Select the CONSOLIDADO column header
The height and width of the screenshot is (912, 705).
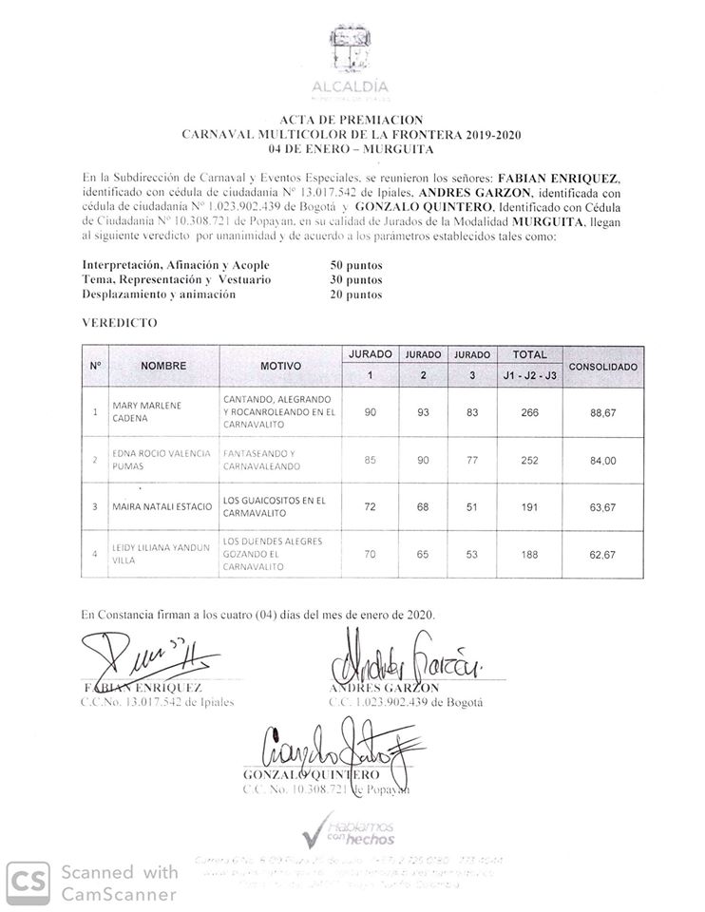click(602, 366)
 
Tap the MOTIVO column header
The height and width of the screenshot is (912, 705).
click(279, 366)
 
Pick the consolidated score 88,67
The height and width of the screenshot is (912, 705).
click(602, 412)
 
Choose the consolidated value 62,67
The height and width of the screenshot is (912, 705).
click(602, 553)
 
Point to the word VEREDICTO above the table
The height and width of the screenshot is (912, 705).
click(119, 323)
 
